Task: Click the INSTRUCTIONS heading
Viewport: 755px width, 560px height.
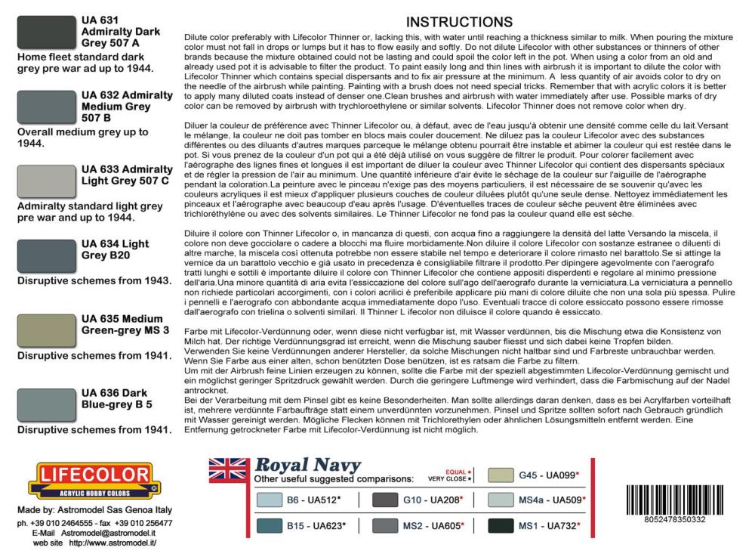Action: point(459,22)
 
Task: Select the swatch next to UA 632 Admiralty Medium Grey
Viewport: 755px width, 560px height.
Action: point(45,107)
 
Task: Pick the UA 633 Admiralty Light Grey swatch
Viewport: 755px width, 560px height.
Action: point(45,182)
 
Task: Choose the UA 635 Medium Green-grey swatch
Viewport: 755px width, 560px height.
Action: point(45,330)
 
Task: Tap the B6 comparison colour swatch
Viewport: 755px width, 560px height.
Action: point(270,500)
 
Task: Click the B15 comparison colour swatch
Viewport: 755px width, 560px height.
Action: point(270,524)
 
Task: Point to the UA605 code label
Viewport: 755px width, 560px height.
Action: point(444,524)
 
